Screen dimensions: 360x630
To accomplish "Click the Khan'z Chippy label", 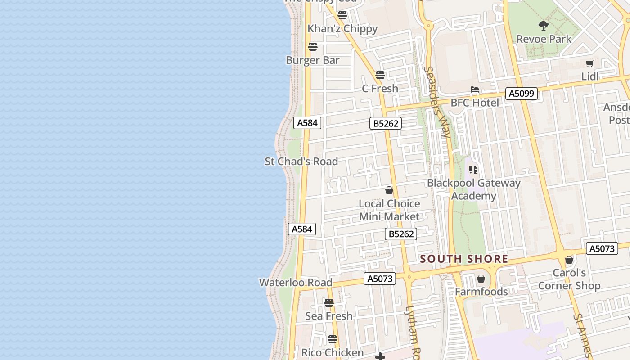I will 342,29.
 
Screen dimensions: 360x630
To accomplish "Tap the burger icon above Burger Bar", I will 313,46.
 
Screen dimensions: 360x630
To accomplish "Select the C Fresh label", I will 380,89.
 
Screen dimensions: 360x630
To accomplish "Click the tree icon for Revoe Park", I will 544,25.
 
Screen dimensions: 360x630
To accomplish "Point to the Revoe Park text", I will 544,39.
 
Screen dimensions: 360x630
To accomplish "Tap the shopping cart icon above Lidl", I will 590,63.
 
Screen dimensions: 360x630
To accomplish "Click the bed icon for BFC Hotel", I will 475,90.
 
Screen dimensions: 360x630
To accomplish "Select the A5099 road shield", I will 522,94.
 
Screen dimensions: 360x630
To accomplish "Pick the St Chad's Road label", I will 301,162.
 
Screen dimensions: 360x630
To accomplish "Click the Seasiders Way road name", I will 437,102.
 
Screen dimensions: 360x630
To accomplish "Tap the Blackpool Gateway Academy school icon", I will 473,170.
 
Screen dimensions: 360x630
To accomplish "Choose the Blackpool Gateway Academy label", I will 473,189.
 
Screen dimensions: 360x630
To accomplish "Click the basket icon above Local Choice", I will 389,190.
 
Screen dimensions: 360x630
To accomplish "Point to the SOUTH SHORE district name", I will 464,259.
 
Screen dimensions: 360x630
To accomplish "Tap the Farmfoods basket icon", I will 481,279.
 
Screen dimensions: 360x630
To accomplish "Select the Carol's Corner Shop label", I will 569,279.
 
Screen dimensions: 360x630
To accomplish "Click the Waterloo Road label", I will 296,283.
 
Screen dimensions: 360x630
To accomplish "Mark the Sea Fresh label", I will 329,316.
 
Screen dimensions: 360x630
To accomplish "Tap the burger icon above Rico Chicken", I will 333,339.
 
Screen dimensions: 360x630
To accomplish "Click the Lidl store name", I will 590,76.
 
